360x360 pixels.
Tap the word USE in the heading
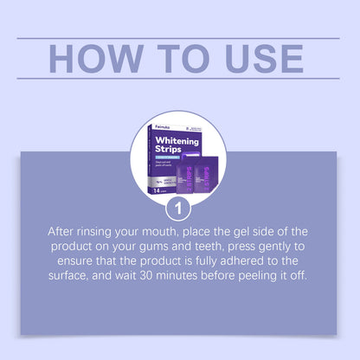pos(257,57)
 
